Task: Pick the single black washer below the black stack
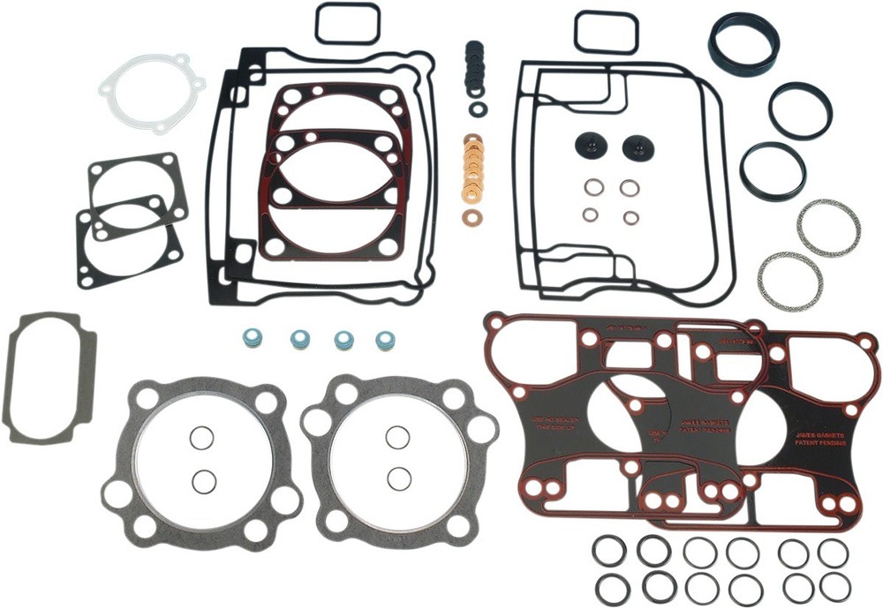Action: tap(479, 109)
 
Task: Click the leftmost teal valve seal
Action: tap(253, 338)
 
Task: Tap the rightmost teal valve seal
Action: tap(385, 340)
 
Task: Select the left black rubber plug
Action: tap(588, 147)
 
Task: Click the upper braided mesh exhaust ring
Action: tap(828, 228)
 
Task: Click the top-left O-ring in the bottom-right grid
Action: tap(608, 552)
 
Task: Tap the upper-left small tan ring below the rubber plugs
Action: tap(595, 187)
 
